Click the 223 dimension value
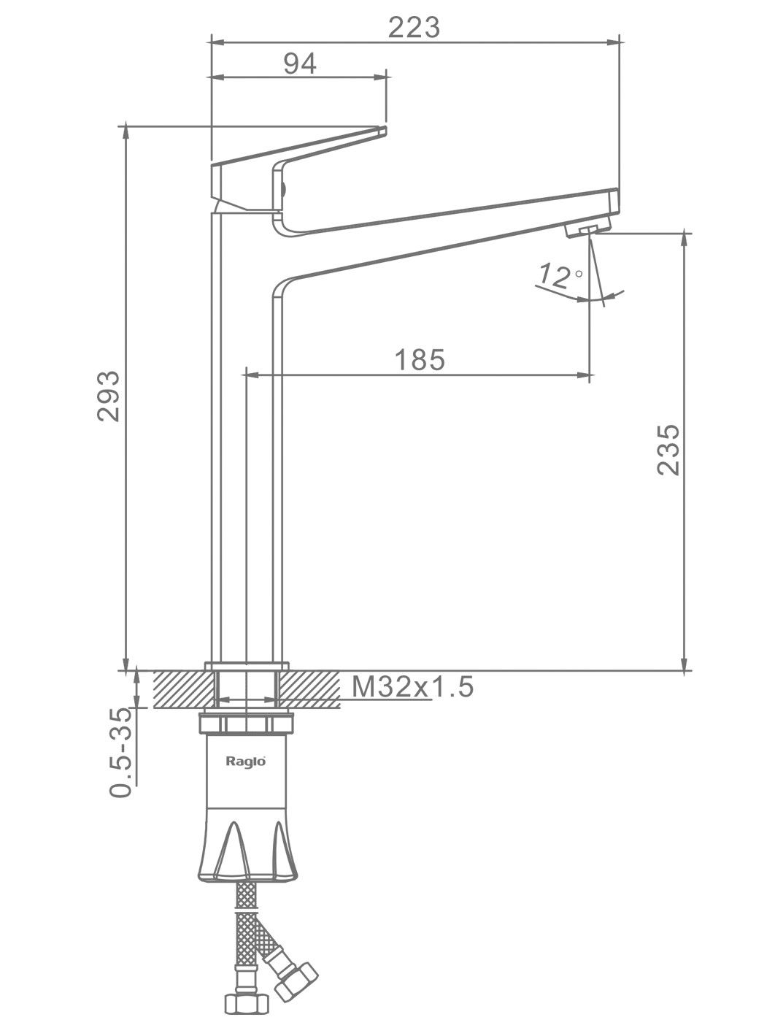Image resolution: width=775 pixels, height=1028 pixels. pyautogui.click(x=414, y=28)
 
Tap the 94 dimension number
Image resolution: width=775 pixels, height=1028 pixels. pyautogui.click(x=300, y=64)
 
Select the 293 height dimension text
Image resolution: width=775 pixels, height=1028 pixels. pyautogui.click(x=108, y=396)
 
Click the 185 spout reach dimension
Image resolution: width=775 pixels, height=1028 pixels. pyautogui.click(x=420, y=360)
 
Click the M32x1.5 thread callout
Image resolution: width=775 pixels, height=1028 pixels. pyautogui.click(x=412, y=686)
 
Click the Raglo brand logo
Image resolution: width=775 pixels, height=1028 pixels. pyautogui.click(x=246, y=761)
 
